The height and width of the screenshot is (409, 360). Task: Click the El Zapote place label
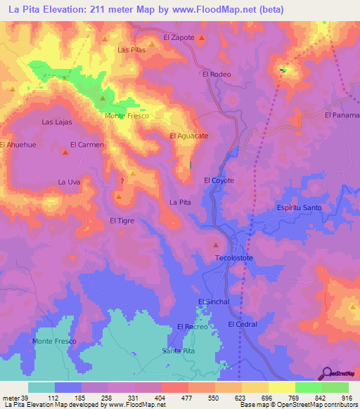tap(178, 37)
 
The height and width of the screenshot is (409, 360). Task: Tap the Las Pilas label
tap(131, 50)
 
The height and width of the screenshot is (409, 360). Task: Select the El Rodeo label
tap(217, 74)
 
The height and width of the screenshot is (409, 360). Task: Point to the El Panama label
tap(342, 115)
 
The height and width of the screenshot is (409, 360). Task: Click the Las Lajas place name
tap(57, 122)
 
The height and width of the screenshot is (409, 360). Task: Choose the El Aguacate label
tap(189, 136)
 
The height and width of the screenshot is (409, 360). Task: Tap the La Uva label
tap(70, 182)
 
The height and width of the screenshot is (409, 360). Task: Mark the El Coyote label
tap(219, 181)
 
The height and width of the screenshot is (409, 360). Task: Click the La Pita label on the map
tap(180, 202)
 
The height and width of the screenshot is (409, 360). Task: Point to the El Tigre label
tap(122, 221)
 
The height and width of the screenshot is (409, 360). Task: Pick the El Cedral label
tap(243, 324)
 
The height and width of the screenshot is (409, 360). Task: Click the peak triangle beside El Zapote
tap(202, 38)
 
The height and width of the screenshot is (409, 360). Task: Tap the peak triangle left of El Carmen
tap(65, 150)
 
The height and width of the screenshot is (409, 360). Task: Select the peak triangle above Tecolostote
tap(215, 245)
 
